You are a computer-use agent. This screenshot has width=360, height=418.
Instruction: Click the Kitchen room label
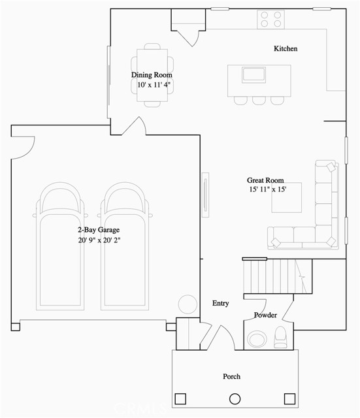286,49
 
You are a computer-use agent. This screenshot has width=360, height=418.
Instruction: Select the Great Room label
265,180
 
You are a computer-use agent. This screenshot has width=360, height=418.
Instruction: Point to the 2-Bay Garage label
99,230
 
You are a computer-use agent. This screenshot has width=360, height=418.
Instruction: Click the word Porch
231,376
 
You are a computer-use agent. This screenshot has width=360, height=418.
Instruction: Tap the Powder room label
265,315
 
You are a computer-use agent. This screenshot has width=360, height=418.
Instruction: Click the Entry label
221,304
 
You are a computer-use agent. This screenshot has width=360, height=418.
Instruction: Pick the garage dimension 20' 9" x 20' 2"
99,240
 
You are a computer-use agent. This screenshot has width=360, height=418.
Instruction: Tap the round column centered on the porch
235,398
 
